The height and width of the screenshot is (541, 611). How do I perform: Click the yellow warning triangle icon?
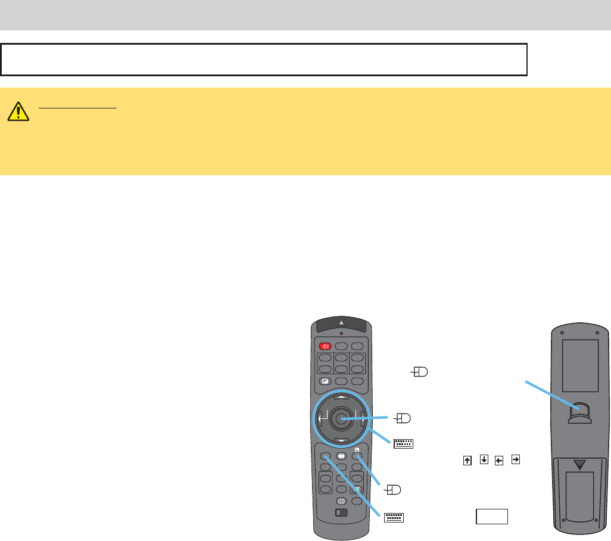[19, 110]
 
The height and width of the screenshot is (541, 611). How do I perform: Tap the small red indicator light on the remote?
[341, 334]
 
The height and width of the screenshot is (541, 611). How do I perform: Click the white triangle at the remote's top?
[341, 322]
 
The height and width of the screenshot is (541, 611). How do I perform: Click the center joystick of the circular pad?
[341, 418]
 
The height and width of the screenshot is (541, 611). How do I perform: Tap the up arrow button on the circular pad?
[341, 396]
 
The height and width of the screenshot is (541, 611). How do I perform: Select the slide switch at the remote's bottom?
[341, 513]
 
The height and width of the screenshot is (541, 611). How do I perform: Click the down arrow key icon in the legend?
[484, 460]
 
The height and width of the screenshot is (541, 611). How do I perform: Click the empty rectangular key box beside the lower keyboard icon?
[491, 516]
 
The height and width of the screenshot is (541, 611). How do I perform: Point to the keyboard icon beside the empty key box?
[394, 517]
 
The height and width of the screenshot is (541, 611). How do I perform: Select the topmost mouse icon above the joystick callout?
[419, 372]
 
